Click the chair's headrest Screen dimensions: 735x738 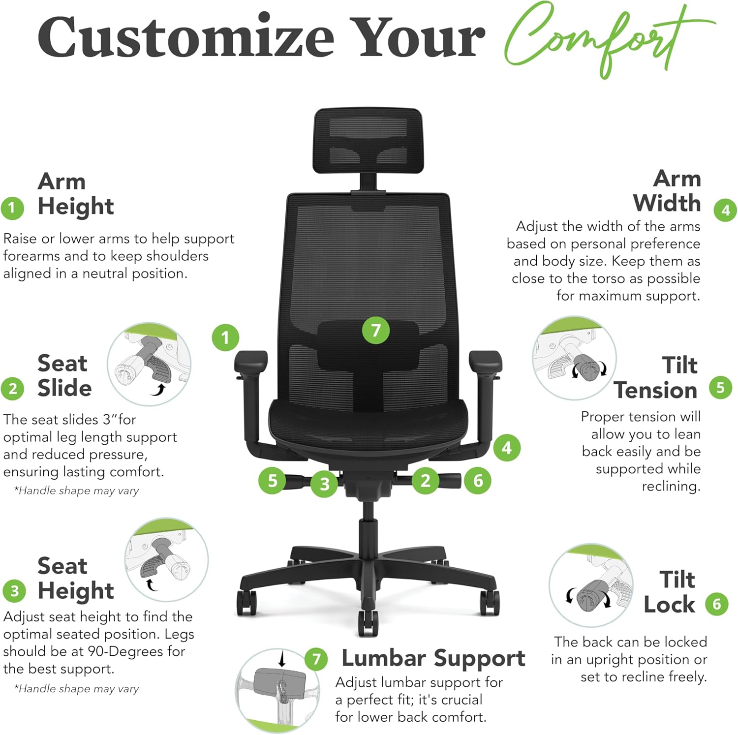(368, 141)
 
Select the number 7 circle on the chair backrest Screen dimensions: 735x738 (376, 330)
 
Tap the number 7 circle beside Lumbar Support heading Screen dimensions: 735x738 (316, 659)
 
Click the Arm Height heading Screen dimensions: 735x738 (75, 194)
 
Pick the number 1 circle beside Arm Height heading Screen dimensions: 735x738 (13, 208)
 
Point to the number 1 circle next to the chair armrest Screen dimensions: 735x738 (225, 337)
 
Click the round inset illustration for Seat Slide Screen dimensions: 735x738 (149, 364)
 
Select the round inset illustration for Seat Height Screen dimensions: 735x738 (166, 559)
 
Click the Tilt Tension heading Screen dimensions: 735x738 (656, 378)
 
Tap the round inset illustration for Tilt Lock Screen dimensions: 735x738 (590, 585)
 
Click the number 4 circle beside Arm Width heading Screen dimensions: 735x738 (725, 211)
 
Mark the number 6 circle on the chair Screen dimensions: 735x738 (478, 480)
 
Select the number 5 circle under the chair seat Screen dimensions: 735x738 (272, 480)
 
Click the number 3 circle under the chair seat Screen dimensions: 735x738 (324, 484)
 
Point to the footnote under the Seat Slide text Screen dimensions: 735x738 (76, 490)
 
